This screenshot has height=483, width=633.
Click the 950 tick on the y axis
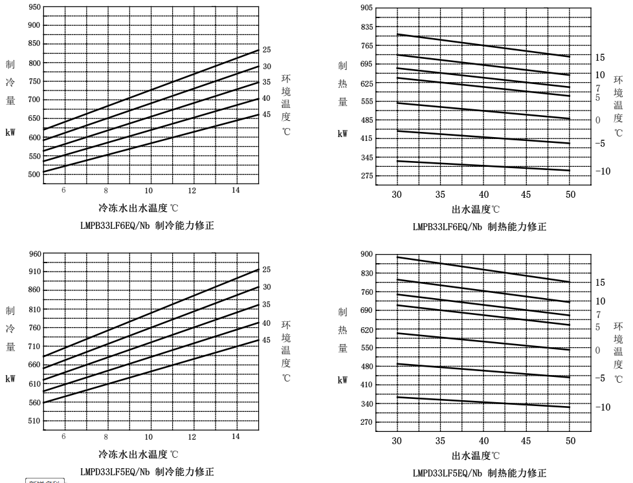(34, 7)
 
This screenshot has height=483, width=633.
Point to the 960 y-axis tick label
(34, 254)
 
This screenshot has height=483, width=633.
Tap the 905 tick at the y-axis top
(366, 8)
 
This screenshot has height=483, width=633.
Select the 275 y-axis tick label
(366, 176)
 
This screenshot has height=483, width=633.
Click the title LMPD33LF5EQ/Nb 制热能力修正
(479, 473)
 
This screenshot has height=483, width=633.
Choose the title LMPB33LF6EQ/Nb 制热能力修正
(479, 226)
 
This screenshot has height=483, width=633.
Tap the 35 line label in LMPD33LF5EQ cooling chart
(267, 305)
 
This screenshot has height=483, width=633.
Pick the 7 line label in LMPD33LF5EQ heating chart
(599, 315)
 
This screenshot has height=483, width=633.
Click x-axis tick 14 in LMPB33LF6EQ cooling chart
(236, 189)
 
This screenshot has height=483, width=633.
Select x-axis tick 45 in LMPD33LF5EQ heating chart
(526, 440)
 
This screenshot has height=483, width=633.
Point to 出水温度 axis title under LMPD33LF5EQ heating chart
(476, 455)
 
